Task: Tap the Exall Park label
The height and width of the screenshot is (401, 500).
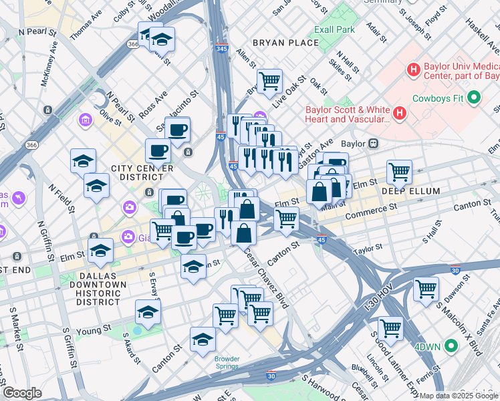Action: click(336, 29)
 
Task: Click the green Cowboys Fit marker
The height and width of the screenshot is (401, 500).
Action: click(475, 98)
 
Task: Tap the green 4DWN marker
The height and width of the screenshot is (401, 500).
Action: click(451, 346)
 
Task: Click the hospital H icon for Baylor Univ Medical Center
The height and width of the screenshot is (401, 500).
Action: click(414, 69)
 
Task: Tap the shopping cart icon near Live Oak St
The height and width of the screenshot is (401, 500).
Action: click(269, 82)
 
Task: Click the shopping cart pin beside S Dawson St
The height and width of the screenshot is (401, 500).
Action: click(426, 289)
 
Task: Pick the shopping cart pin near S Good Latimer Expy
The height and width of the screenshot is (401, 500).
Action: click(390, 329)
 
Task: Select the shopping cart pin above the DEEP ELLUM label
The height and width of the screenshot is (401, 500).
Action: click(399, 171)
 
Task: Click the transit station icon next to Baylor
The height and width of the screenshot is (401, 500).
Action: click(375, 143)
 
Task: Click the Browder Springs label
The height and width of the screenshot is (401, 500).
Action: click(227, 363)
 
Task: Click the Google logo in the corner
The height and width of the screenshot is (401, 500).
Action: click(22, 393)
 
